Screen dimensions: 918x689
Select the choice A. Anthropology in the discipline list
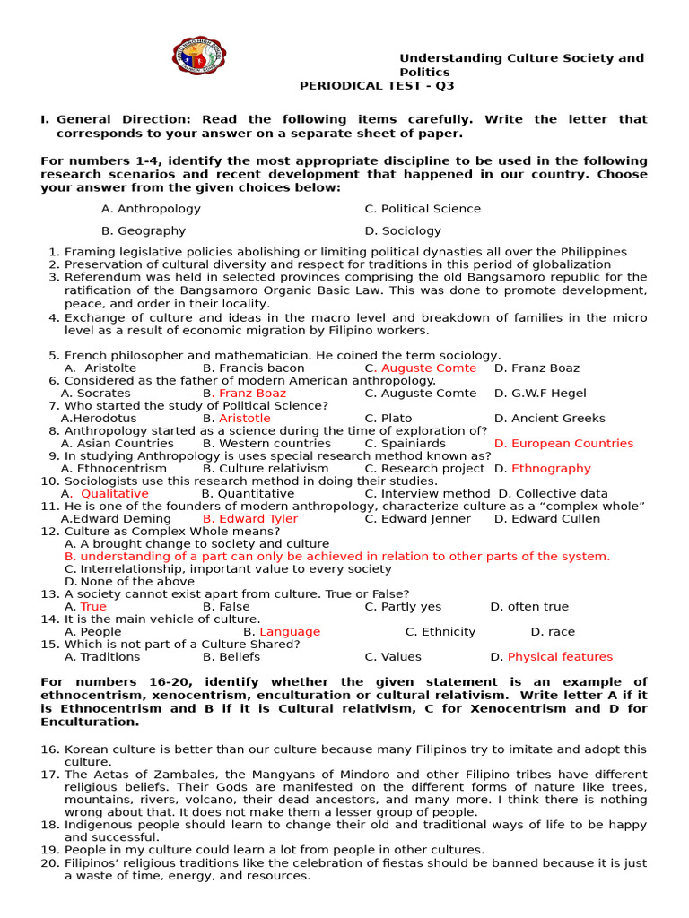point(151,209)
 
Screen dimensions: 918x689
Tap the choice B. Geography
point(144,230)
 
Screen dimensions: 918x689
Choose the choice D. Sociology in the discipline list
point(403,230)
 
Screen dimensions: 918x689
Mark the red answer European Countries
point(563,444)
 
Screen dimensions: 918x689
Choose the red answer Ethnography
point(551,469)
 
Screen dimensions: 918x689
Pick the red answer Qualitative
point(114,494)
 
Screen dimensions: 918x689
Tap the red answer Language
point(289,632)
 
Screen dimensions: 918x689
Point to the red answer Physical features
point(560,657)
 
